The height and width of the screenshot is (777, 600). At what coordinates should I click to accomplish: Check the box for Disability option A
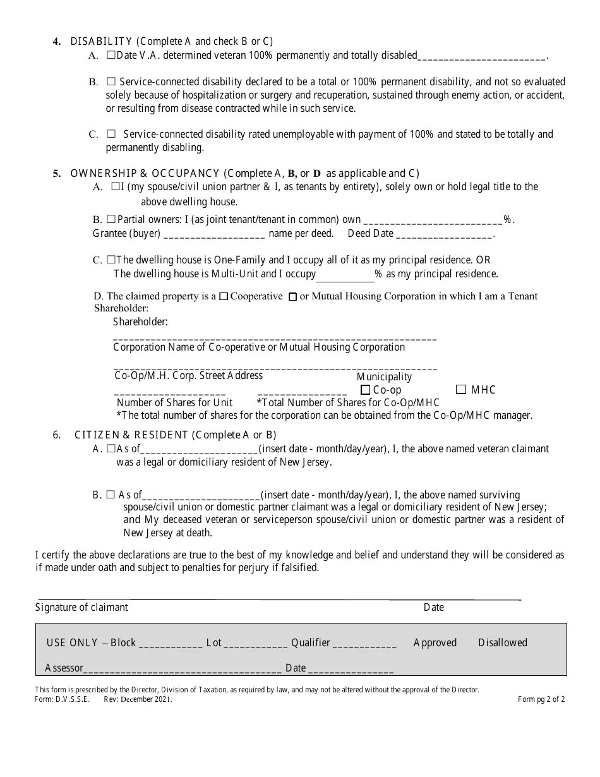pos(111,56)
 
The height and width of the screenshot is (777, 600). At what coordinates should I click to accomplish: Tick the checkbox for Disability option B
pos(111,81)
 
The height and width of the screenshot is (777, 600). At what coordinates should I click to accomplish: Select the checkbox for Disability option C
pos(111,134)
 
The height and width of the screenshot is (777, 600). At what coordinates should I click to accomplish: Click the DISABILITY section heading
pos(101,42)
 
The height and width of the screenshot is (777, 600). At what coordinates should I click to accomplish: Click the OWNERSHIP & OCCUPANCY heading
pos(145,173)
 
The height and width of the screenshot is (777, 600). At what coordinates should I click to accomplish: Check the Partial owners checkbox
pos(111,219)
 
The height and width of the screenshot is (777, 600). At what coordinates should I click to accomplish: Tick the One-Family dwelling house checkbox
pos(111,260)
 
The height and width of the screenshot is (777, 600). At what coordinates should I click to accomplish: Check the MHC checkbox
pos(461,390)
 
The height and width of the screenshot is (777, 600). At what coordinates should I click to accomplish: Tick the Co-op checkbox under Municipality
pos(365,390)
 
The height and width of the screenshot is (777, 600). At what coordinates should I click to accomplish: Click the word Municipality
pos(384,376)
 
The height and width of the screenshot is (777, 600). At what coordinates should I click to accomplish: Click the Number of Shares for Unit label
pos(174,402)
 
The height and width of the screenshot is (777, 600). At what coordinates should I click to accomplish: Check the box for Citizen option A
pos(111,449)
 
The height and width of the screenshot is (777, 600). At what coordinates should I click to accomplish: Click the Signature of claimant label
pos(81,607)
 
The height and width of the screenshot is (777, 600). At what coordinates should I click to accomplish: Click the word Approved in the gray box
pos(435,642)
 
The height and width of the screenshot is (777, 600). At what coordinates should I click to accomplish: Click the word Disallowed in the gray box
pos(502,642)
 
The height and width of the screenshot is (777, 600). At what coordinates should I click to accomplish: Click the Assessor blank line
pos(183,669)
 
